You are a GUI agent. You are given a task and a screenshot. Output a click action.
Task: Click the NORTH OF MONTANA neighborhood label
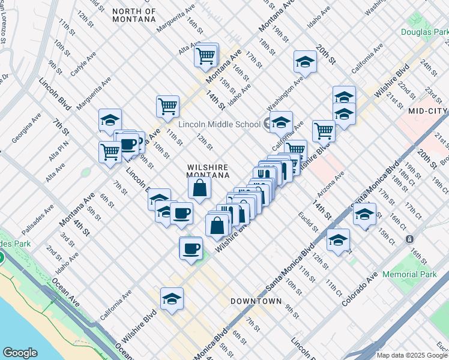coord(134,16)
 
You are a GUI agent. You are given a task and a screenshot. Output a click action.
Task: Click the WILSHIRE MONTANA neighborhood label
coord(208,171)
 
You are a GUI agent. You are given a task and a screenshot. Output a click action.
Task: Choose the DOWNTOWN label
coord(256,301)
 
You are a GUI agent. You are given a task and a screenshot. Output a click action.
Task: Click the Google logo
coord(20,353)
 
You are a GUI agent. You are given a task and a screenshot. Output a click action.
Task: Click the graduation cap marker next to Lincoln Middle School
coord(280,122)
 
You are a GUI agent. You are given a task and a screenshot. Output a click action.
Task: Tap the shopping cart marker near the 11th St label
coord(167,107)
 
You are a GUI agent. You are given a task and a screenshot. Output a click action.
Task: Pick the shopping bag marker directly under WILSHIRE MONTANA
coord(199,188)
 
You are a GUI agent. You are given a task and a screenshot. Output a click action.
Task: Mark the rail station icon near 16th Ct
coord(409,239)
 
